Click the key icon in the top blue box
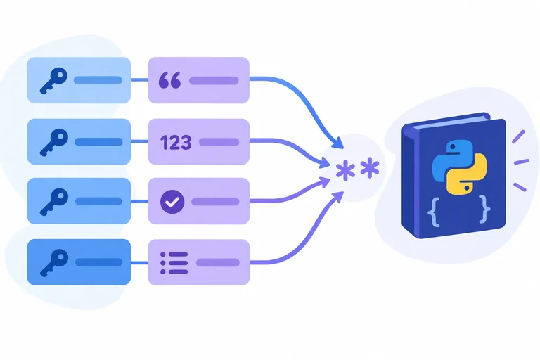point(53,81)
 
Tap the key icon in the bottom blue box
point(53,262)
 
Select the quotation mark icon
point(169,80)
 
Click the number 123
point(176,142)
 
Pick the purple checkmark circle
point(172,202)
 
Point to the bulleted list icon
point(174,263)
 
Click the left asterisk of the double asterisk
point(345,170)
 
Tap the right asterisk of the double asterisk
point(370,168)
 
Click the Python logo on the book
point(459,167)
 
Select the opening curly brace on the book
point(434,211)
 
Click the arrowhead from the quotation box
point(338,143)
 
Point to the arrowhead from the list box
point(337,198)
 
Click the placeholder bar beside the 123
point(219,142)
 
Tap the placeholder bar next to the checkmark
point(215,202)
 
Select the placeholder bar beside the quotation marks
point(214,81)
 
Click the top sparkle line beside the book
point(518,137)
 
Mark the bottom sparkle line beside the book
point(520,188)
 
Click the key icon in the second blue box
point(53,142)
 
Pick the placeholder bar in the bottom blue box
point(99,262)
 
